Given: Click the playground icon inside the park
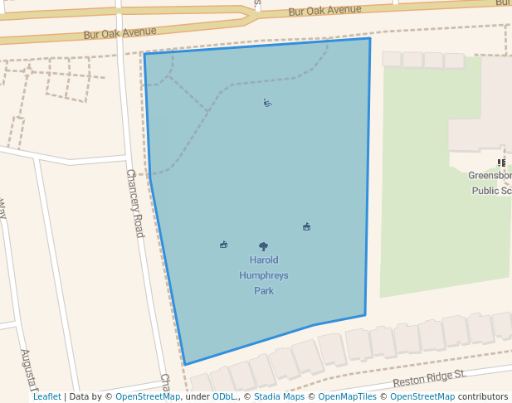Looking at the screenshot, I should pyautogui.click(x=267, y=104).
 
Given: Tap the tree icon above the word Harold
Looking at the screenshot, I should pyautogui.click(x=264, y=246).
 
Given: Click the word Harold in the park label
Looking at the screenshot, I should pyautogui.click(x=264, y=260).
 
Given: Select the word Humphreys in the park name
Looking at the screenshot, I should pyautogui.click(x=264, y=275).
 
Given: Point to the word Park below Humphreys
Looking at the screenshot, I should pyautogui.click(x=264, y=291).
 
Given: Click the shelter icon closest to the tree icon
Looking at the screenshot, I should pyautogui.click(x=223, y=245).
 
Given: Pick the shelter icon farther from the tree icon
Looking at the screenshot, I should pyautogui.click(x=307, y=226).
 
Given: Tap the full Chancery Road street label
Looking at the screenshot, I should pyautogui.click(x=134, y=203).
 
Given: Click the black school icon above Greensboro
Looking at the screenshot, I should pyautogui.click(x=501, y=163).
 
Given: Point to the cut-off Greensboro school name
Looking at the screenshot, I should pyautogui.click(x=490, y=176).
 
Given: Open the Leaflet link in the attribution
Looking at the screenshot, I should pyautogui.click(x=46, y=397).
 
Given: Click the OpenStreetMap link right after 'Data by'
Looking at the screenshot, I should pyautogui.click(x=148, y=397).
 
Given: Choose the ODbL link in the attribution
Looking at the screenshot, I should pyautogui.click(x=224, y=397).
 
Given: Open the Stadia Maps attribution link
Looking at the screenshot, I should pyautogui.click(x=278, y=397).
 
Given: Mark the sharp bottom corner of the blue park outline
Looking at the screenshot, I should pyautogui.click(x=185, y=364).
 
